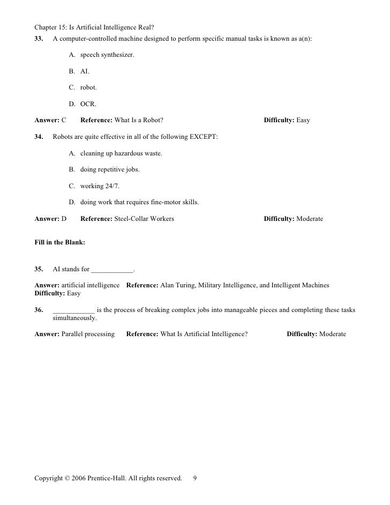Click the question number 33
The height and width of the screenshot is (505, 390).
click(39, 39)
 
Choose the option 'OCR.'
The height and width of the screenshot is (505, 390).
click(88, 104)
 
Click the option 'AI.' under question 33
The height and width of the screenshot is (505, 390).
click(85, 71)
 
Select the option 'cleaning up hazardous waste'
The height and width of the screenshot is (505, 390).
click(121, 153)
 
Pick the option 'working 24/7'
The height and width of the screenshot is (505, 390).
click(100, 186)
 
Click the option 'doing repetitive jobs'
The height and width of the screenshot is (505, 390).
click(110, 170)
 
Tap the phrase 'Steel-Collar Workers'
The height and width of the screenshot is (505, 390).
click(144, 219)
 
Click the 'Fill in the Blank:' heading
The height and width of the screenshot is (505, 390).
click(59, 242)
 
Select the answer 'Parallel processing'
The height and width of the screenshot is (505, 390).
click(88, 334)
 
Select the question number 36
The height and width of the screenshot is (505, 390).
click(39, 310)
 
